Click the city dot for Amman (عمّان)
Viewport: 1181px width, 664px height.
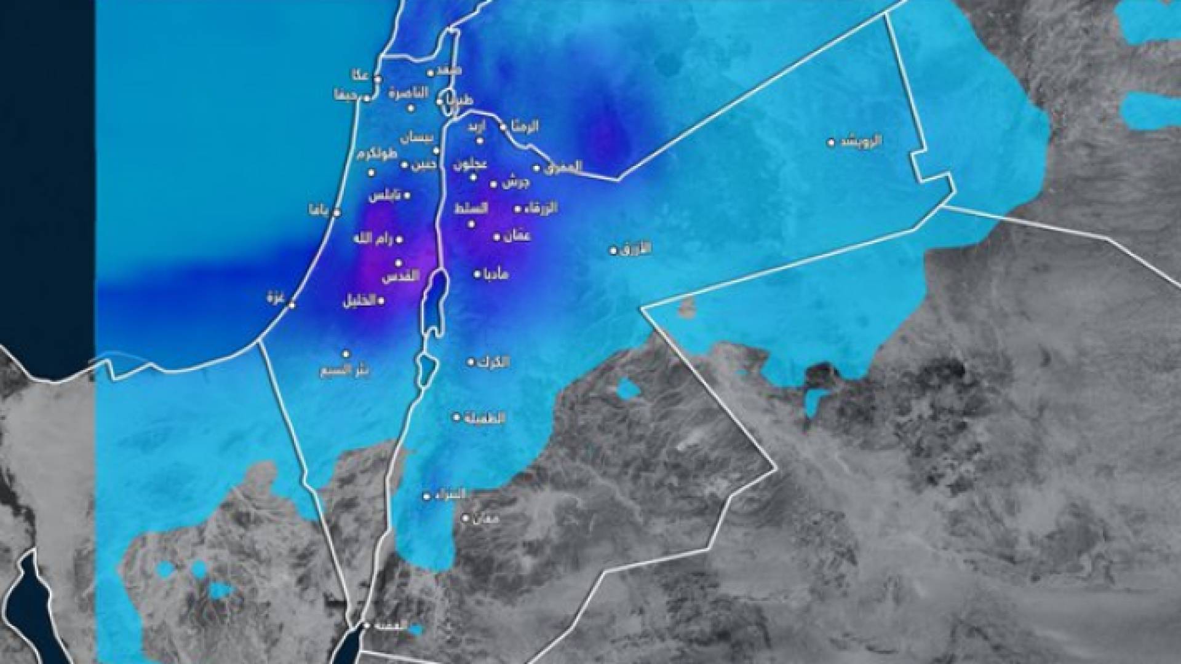[x=497, y=237]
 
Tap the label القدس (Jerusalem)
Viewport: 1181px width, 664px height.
[x=400, y=277]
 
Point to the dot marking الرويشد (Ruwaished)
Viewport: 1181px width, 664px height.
[x=831, y=143]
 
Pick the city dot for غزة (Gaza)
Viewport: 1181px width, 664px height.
[x=292, y=304]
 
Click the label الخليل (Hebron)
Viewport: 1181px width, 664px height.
[x=359, y=302]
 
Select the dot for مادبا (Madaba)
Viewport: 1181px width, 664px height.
[x=477, y=274]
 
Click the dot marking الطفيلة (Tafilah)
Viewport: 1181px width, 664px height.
[x=456, y=417]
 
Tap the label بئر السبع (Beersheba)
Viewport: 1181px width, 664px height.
[x=344, y=371]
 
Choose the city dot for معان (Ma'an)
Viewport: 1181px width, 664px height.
[x=466, y=518]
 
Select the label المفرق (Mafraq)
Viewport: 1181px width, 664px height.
[x=562, y=167]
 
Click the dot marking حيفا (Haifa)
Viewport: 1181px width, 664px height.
[x=367, y=98]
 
